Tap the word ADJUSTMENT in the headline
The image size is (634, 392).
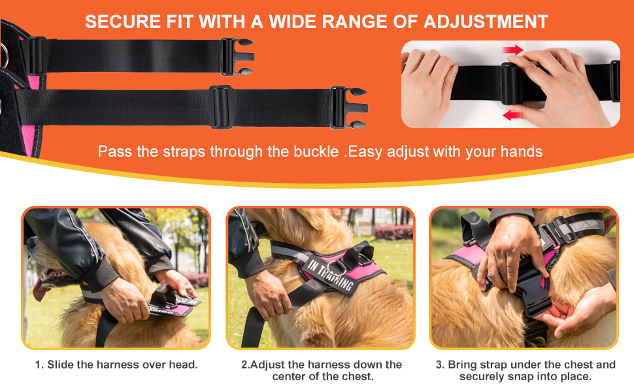pyautogui.click(x=486, y=22)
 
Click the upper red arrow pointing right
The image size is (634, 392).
pyautogui.click(x=512, y=50)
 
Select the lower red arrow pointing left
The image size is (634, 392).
pyautogui.click(x=512, y=115)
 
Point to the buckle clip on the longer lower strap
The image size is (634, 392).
pyautogui.click(x=348, y=108)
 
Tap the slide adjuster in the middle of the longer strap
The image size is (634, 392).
pyautogui.click(x=221, y=107)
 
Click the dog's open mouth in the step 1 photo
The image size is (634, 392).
pyautogui.click(x=48, y=280)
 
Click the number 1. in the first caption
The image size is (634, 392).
pyautogui.click(x=39, y=365)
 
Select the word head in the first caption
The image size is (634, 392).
pyautogui.click(x=183, y=365)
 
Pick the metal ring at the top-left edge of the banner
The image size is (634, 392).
pyautogui.click(x=4, y=55)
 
